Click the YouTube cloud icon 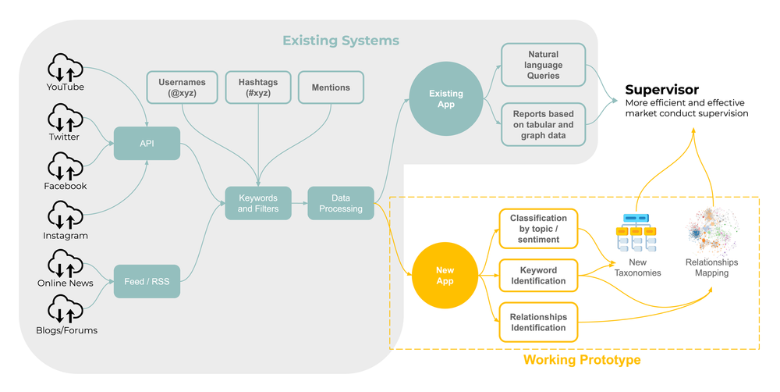65,66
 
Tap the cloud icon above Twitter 65,116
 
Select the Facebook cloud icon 65,165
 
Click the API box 147,144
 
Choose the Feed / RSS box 147,280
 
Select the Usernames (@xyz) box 183,87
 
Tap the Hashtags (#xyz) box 257,87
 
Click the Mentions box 331,87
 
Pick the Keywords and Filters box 257,203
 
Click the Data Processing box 341,203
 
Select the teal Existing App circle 445,99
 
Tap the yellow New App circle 445,275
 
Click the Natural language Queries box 543,66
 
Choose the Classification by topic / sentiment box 539,228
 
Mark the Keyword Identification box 539,276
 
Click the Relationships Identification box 539,322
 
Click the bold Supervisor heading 661,89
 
